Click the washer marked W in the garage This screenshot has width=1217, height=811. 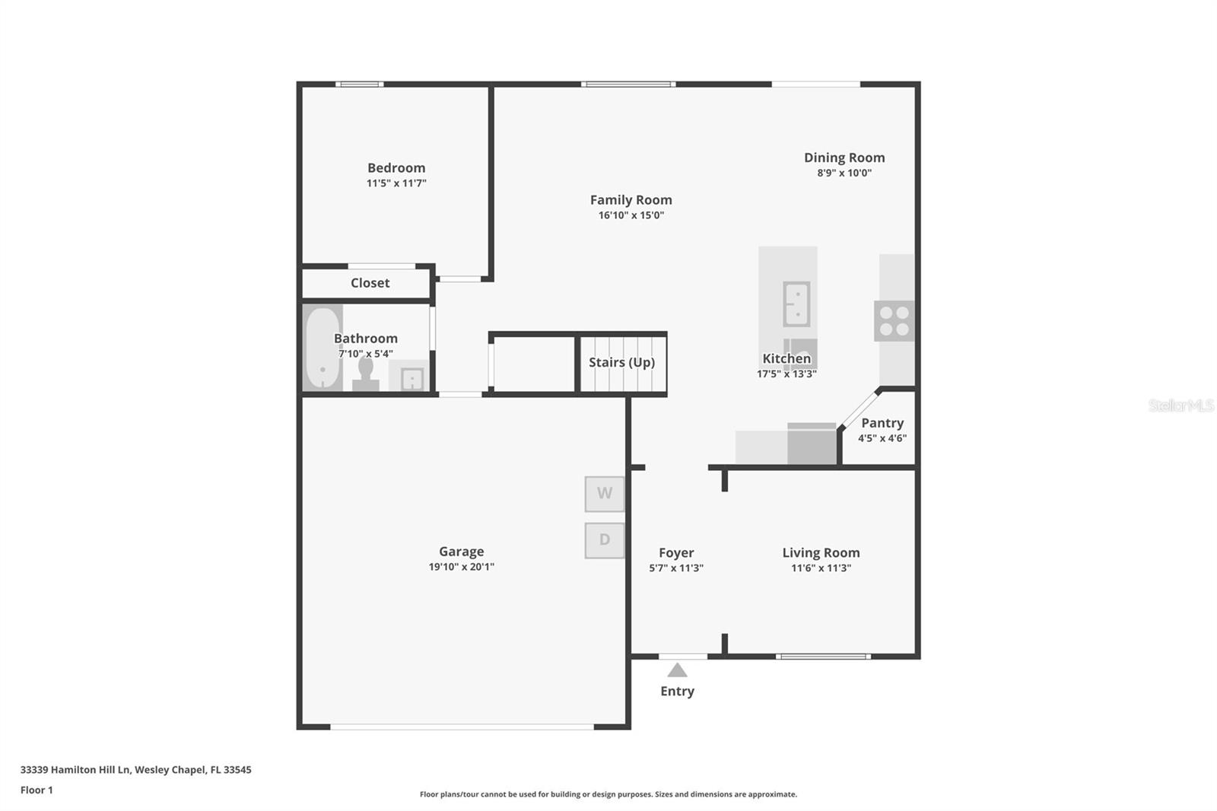click(605, 494)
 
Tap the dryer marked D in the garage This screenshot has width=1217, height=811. click(605, 541)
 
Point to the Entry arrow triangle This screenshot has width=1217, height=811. click(677, 670)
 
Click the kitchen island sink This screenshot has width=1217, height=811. click(796, 304)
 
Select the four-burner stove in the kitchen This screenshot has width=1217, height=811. click(894, 321)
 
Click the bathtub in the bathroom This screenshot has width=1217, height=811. click(323, 348)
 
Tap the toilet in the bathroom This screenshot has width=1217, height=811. click(366, 374)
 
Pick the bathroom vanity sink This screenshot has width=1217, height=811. click(411, 378)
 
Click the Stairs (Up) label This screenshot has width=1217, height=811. click(622, 363)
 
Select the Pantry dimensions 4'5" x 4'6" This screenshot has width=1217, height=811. click(882, 438)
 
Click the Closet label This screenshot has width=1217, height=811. click(370, 283)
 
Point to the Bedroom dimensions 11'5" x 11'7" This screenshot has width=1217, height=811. click(396, 183)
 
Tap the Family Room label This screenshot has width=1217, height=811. click(631, 200)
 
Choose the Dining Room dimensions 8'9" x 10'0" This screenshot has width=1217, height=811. click(844, 173)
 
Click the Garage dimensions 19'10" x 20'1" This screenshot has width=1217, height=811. click(461, 567)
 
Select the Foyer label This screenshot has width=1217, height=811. click(676, 553)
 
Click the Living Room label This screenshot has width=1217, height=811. click(821, 553)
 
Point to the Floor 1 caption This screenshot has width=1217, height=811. click(37, 790)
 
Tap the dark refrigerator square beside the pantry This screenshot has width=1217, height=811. click(812, 444)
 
